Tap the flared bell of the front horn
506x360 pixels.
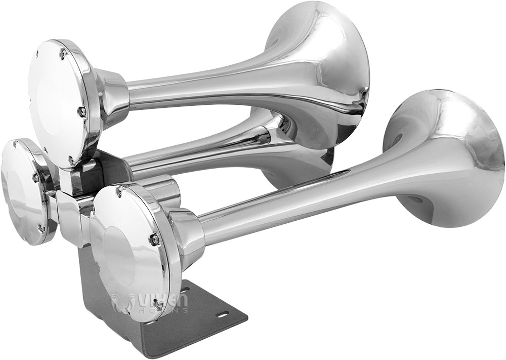pyautogui.click(x=445, y=152)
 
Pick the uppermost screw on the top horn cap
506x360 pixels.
pyautogui.click(x=63, y=52)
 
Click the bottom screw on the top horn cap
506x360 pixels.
pyautogui.click(x=71, y=161)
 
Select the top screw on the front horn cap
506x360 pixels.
pyautogui.click(x=120, y=191)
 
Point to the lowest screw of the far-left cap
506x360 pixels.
pyautogui.click(x=40, y=229)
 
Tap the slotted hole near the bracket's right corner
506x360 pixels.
pyautogui.click(x=222, y=315)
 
